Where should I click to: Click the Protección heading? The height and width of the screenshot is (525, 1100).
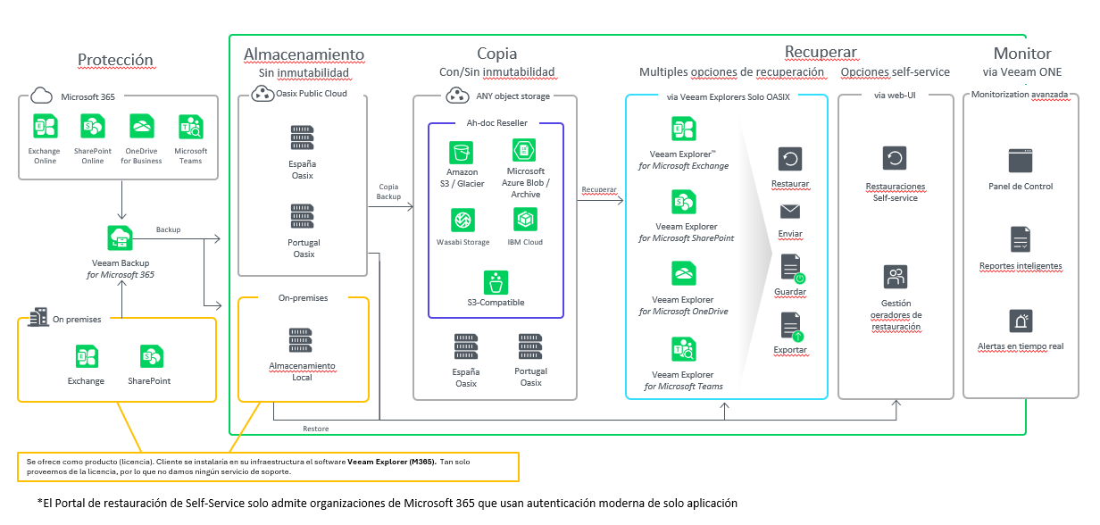point(116,61)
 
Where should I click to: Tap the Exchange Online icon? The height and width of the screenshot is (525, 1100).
point(44,126)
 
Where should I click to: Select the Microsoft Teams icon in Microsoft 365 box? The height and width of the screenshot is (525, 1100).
point(190,126)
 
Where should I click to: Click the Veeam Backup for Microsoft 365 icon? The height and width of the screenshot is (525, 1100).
point(121,237)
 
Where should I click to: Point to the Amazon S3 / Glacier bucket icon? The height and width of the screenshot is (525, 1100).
point(462,151)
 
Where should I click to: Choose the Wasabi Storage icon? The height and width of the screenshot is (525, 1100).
point(462,221)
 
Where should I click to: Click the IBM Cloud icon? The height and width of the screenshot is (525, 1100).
point(525,219)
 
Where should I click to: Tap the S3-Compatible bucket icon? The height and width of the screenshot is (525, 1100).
point(496,282)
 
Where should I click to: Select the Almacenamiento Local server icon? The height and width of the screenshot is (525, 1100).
point(302,341)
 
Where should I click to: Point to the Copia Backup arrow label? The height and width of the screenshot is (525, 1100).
point(389,191)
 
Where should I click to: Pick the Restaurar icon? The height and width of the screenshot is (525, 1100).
point(790,160)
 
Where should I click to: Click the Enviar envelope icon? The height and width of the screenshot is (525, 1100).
point(790,212)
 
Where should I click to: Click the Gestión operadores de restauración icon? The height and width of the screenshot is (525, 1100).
point(895,277)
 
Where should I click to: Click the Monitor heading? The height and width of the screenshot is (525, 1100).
point(1022,54)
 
